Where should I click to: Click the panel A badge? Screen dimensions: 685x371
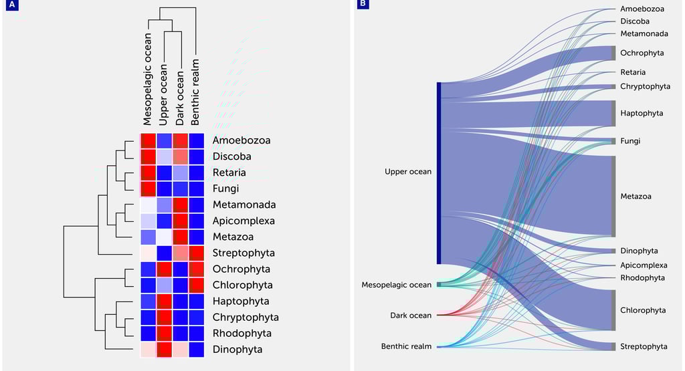point(12,5)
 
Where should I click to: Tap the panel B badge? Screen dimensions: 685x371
point(363,5)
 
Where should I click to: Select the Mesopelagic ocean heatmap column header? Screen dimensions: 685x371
point(148,80)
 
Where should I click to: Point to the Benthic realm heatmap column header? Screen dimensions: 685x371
point(195,92)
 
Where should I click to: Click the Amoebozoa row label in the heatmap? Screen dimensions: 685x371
point(241,140)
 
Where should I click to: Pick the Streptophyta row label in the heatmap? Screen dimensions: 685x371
point(243,253)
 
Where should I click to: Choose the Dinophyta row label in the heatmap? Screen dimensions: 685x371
point(237,350)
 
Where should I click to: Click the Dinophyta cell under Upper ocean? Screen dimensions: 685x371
point(165,350)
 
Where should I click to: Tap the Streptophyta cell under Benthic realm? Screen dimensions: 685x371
point(197,253)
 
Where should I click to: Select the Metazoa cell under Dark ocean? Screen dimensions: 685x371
point(181,237)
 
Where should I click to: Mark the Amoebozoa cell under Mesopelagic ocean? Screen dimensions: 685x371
point(149,140)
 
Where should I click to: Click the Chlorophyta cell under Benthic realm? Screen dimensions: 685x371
point(197,285)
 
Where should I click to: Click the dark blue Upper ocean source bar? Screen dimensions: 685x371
point(439,173)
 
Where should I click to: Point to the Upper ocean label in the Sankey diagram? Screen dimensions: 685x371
point(408,172)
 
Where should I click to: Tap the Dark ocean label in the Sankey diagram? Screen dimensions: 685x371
point(411,315)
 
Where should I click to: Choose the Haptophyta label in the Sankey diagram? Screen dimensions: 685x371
point(642,113)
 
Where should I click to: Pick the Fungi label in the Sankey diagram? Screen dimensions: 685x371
point(630,141)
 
